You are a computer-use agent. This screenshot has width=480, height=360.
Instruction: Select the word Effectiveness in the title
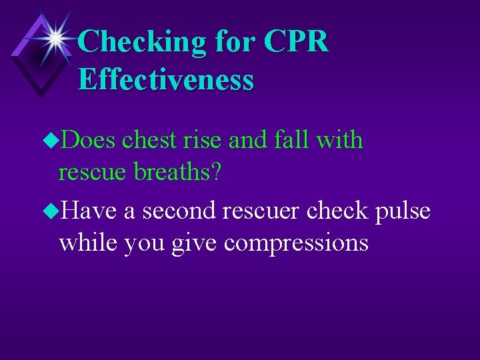click(x=166, y=79)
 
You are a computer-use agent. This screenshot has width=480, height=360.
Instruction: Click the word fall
click(x=293, y=141)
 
